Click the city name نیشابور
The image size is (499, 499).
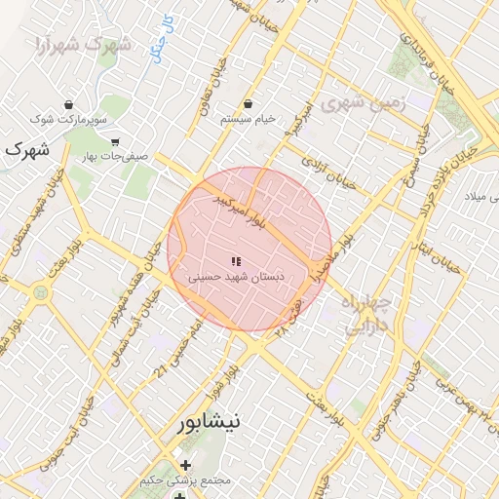(x=214, y=424)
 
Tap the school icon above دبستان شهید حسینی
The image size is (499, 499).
(x=235, y=261)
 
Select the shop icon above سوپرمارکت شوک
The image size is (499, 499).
(x=68, y=104)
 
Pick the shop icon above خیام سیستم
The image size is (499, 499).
(x=248, y=103)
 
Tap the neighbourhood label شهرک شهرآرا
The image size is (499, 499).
(x=82, y=45)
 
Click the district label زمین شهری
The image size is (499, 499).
(x=357, y=101)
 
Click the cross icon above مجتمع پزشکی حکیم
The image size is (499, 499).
(x=185, y=465)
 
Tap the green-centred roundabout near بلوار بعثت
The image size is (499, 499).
(x=41, y=291)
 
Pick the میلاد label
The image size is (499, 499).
(x=484, y=199)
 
